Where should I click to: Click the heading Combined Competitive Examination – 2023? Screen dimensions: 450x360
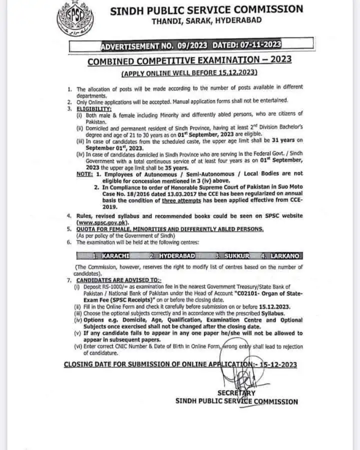189,61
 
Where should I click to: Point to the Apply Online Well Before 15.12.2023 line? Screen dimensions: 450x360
189,73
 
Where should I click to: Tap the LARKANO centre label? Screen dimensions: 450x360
284,256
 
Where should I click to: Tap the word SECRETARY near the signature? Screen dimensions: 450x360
236,392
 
